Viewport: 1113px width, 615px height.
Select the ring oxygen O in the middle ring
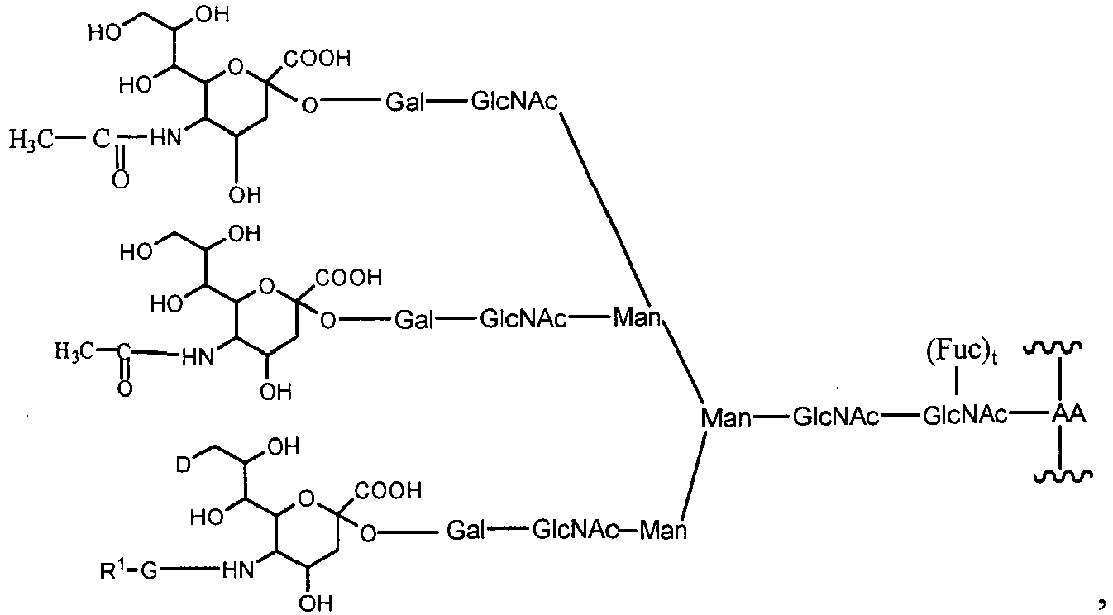[265, 288]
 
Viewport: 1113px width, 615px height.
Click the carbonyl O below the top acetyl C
[121, 180]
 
